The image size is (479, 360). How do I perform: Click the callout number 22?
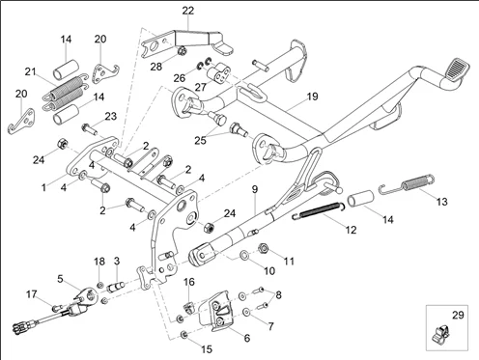click(188, 11)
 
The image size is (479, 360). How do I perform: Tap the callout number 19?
click(312, 97)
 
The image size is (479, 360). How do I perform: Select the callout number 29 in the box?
click(458, 315)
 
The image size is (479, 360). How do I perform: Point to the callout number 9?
click(255, 189)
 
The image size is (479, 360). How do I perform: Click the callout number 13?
click(441, 202)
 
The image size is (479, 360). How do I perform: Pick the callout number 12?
click(351, 230)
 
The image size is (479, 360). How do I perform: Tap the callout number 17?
click(32, 294)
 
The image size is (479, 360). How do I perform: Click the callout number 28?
click(156, 67)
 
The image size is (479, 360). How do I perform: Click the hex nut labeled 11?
click(264, 248)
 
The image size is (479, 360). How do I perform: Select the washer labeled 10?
click(243, 256)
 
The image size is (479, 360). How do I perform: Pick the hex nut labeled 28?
click(182, 50)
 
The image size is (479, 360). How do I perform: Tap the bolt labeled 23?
click(90, 129)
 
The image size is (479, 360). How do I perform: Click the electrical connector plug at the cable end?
click(20, 327)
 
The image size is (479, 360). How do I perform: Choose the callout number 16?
click(189, 282)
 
